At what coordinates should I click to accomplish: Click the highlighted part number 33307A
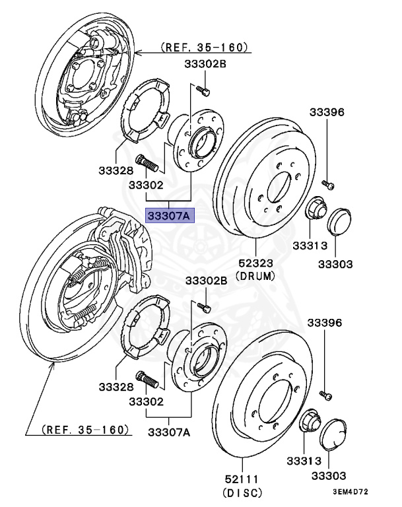click(168, 215)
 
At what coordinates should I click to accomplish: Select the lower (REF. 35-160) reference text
click(84, 430)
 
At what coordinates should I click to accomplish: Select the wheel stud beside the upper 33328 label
click(146, 160)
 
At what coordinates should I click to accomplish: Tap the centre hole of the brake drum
click(277, 188)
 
